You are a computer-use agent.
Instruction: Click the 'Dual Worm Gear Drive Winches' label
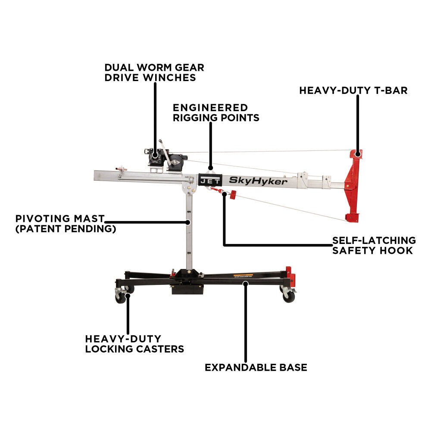pos(154,72)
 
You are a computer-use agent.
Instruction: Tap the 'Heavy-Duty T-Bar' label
pos(353,91)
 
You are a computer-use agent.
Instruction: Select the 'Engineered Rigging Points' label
pos(216,112)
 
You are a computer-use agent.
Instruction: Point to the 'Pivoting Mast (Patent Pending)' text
pos(66,224)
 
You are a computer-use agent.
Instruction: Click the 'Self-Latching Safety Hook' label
pos(374,246)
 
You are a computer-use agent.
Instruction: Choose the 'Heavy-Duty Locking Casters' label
pos(134,344)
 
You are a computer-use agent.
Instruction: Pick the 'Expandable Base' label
pos(256,368)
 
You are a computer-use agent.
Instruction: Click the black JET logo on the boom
pos(210,180)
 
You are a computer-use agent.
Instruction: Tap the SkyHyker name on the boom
pos(258,181)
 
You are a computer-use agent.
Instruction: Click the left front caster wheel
pos(120,297)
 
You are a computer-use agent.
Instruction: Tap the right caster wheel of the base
pos(289,297)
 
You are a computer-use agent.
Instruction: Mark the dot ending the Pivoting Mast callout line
pos(188,222)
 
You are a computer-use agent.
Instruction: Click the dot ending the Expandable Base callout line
pos(246,284)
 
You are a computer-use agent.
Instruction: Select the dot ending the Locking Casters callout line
pos(128,296)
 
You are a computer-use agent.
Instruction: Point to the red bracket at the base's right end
pos(290,276)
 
